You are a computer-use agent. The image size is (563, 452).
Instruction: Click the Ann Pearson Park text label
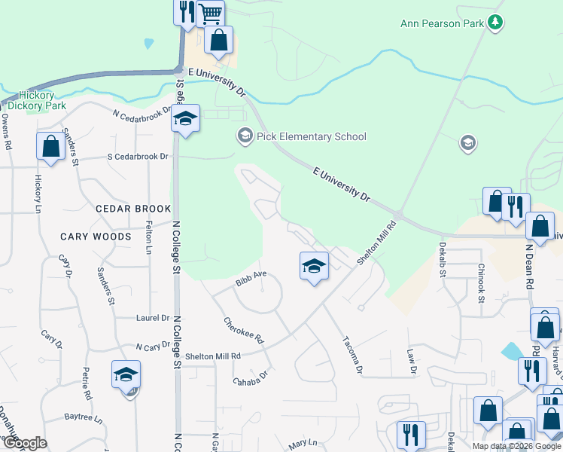click(x=442, y=23)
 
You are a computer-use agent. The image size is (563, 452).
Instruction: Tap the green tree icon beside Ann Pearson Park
click(x=495, y=23)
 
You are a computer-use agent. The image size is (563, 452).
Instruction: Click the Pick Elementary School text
click(x=311, y=136)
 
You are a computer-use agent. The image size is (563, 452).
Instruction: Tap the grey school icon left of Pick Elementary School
click(x=244, y=136)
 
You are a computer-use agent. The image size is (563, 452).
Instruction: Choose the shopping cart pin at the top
click(x=211, y=14)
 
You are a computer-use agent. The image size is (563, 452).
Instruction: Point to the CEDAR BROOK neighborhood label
click(x=133, y=209)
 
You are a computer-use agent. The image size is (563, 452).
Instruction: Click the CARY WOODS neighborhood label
click(x=96, y=237)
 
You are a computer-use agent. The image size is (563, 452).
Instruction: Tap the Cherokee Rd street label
click(x=244, y=329)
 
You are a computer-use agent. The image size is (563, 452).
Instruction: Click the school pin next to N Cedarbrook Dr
click(x=185, y=119)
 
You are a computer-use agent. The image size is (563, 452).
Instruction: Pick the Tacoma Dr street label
click(x=353, y=354)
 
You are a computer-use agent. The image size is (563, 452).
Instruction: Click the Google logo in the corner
click(x=24, y=443)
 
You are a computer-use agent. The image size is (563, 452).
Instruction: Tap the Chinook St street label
click(x=480, y=279)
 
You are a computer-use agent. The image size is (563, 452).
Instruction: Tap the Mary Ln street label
click(x=302, y=444)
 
